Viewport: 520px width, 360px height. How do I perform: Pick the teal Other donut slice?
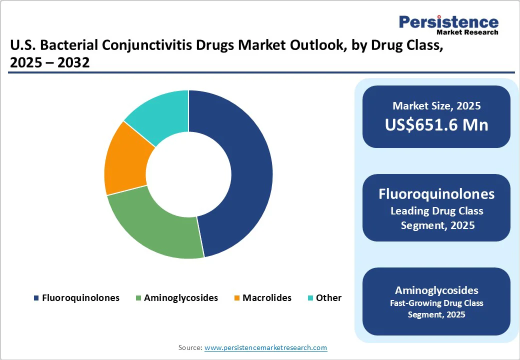(x=162, y=112)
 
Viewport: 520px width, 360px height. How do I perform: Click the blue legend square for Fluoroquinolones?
(x=36, y=298)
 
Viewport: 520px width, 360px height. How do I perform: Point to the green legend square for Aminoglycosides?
(x=138, y=298)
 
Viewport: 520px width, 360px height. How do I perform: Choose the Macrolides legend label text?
(x=267, y=297)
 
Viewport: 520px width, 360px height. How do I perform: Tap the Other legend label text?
(x=328, y=297)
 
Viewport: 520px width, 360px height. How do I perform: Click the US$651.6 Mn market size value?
(x=436, y=124)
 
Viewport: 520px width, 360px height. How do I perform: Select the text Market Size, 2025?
(x=436, y=105)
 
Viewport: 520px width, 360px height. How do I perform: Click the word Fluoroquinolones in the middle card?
(x=436, y=194)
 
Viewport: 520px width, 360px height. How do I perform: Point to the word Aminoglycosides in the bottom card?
(x=436, y=290)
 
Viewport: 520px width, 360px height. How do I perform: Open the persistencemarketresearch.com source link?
(x=265, y=347)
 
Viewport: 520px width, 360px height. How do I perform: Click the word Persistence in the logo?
(x=448, y=22)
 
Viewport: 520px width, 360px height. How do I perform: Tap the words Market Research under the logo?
(x=467, y=32)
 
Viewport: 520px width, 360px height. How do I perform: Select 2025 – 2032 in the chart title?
(x=49, y=62)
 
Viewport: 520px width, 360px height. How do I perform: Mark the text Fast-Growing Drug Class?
(x=436, y=303)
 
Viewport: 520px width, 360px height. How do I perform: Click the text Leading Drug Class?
(x=436, y=211)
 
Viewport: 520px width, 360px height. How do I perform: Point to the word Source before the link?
(x=190, y=347)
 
